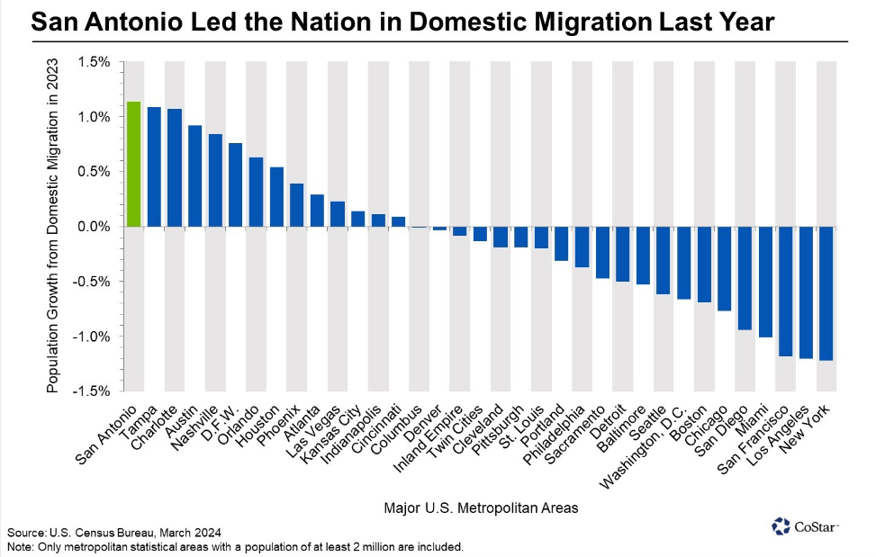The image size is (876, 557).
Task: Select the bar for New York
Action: pyautogui.click(x=826, y=293)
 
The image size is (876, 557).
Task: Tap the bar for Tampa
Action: pyautogui.click(x=154, y=166)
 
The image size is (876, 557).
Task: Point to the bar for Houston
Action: pyautogui.click(x=276, y=197)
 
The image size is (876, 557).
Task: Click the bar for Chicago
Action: pyautogui.click(x=724, y=268)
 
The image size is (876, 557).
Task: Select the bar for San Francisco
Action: pyautogui.click(x=785, y=292)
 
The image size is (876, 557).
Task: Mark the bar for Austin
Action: pyautogui.click(x=194, y=175)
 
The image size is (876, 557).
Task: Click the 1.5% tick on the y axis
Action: pyautogui.click(x=93, y=62)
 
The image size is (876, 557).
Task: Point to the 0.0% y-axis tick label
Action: pyautogui.click(x=93, y=227)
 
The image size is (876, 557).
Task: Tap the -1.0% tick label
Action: pyautogui.click(x=91, y=337)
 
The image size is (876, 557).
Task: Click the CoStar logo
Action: pyautogui.click(x=806, y=526)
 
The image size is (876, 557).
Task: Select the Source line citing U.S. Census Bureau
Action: pyautogui.click(x=114, y=533)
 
